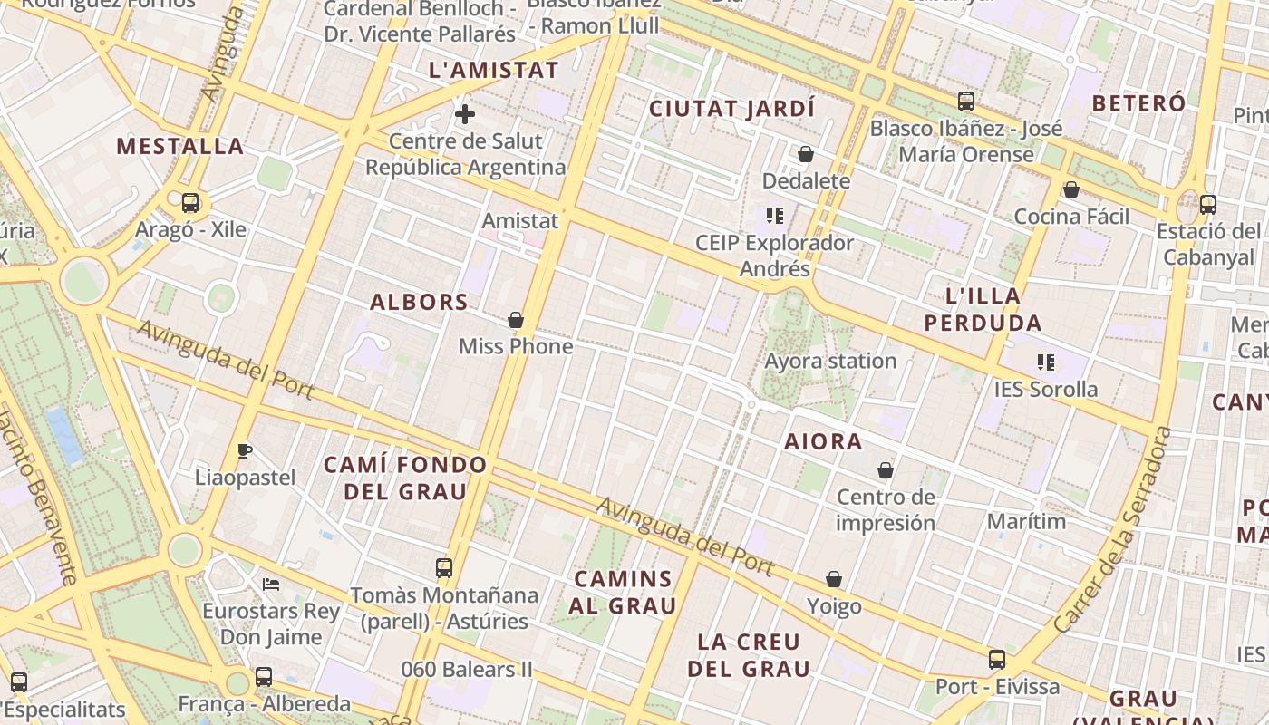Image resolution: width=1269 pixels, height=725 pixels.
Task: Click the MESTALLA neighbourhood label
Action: click(x=180, y=146)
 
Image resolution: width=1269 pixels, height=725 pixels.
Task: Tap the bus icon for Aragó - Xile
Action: click(x=190, y=203)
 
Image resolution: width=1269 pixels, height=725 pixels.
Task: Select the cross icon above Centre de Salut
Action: click(x=465, y=114)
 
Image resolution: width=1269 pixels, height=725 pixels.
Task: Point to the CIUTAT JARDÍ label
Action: click(x=732, y=109)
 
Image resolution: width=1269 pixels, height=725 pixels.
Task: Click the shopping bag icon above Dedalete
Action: click(x=806, y=155)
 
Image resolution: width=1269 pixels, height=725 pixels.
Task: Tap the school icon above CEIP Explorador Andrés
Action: click(x=775, y=216)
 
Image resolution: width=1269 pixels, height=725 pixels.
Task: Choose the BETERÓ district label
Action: click(x=1138, y=103)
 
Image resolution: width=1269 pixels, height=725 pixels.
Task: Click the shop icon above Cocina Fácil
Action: click(x=1071, y=190)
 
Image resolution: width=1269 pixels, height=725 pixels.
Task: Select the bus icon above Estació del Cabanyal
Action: click(x=1208, y=205)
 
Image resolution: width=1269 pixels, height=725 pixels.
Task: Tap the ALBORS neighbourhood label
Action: click(x=419, y=302)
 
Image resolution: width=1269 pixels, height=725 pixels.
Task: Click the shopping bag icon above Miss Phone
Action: click(x=516, y=320)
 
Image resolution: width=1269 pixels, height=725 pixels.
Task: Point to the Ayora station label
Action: click(x=830, y=361)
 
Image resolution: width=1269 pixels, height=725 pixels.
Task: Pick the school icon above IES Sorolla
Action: click(x=1046, y=362)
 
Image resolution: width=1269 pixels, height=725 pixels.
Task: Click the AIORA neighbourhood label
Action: click(x=823, y=442)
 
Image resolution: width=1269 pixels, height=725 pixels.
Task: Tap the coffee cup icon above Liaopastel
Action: click(x=244, y=450)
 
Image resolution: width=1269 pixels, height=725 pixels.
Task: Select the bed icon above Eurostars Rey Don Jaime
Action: click(x=271, y=585)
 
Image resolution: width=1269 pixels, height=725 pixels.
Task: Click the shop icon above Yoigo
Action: click(x=834, y=579)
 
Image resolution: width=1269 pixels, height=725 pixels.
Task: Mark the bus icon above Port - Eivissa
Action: click(x=997, y=660)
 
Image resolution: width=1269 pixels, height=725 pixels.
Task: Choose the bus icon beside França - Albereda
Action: click(x=264, y=676)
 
